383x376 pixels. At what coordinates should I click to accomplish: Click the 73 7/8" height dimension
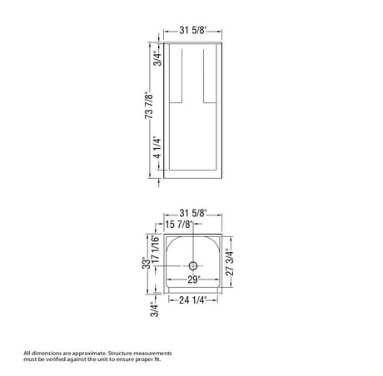pyautogui.click(x=149, y=106)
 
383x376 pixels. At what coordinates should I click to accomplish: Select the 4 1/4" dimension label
pyautogui.click(x=157, y=147)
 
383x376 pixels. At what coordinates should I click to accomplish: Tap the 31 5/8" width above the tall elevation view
pyautogui.click(x=193, y=30)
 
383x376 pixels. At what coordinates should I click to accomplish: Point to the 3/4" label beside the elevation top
pyautogui.click(x=157, y=58)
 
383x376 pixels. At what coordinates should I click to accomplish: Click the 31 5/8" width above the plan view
pyautogui.click(x=193, y=213)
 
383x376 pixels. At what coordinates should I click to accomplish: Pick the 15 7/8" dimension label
pyautogui.click(x=179, y=224)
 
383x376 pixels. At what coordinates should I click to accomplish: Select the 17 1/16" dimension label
pyautogui.click(x=156, y=250)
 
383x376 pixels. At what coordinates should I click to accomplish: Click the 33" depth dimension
pyautogui.click(x=147, y=263)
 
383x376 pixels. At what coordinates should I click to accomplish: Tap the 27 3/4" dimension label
pyautogui.click(x=230, y=262)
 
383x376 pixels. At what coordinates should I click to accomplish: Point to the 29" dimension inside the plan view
pyautogui.click(x=193, y=280)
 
